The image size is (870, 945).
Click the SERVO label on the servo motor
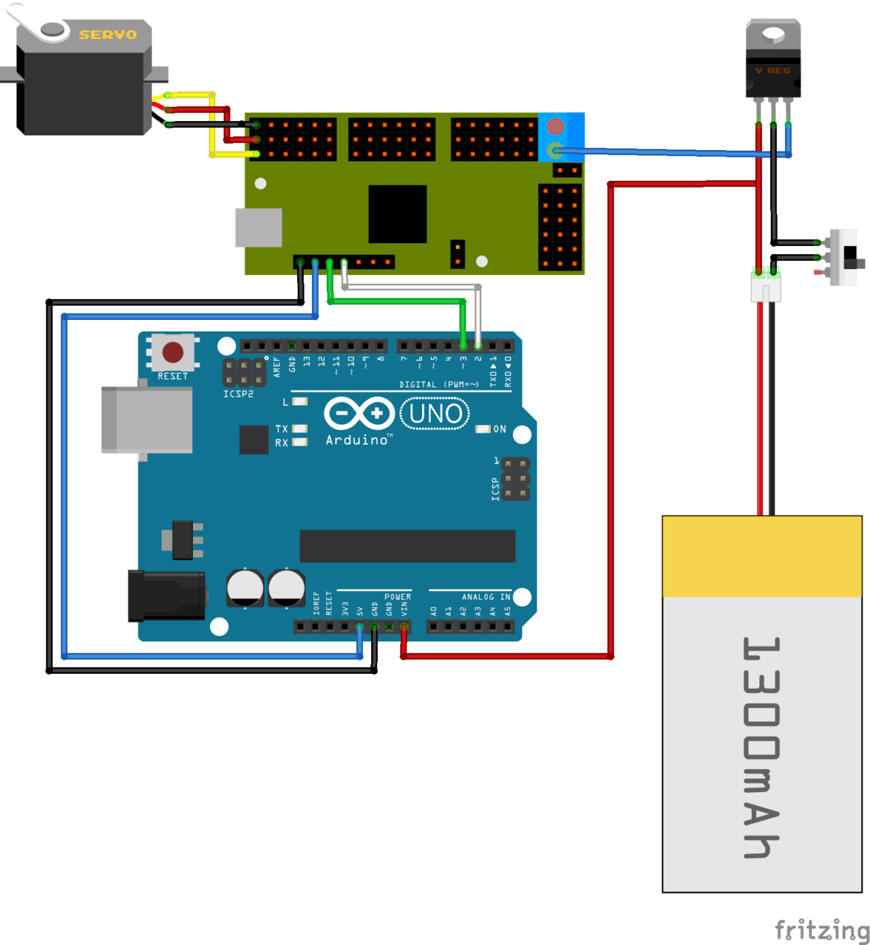(107, 35)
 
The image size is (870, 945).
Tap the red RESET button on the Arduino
(173, 352)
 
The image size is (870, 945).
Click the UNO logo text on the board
(435, 414)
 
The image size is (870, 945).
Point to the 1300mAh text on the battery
(762, 747)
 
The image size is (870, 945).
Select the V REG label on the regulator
(773, 71)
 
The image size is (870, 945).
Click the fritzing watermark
(821, 929)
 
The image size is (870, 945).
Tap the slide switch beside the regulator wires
(847, 257)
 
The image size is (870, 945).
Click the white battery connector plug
(766, 287)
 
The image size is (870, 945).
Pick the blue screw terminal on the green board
(561, 137)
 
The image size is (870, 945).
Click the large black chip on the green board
(398, 213)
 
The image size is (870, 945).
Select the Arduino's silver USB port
(147, 419)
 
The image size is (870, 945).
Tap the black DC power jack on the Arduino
(167, 596)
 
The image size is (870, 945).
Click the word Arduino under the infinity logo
(357, 440)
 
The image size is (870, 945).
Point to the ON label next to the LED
(500, 429)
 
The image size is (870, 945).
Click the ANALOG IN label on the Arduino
(485, 597)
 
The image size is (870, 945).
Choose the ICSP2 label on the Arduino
(238, 394)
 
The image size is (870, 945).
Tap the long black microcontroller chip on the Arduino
(407, 546)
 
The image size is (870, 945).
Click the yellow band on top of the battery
(762, 556)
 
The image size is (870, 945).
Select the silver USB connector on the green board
(258, 228)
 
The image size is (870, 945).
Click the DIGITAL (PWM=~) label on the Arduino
(438, 385)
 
